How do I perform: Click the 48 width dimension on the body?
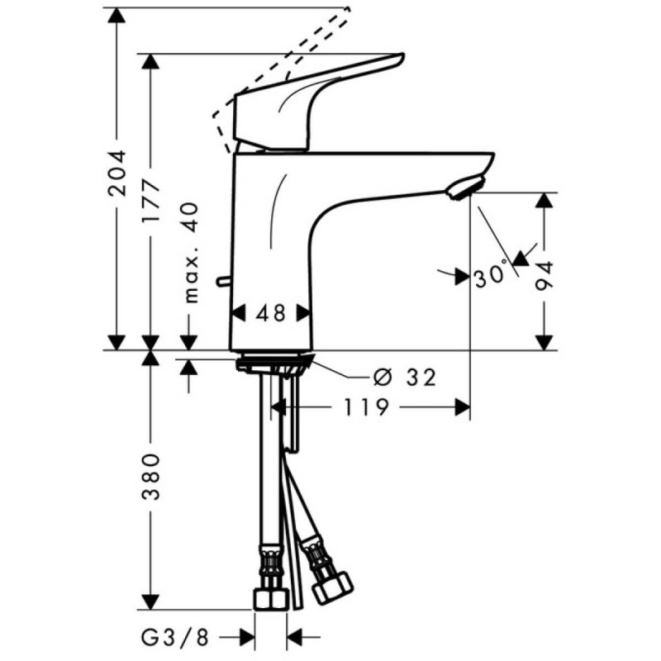tap(270, 313)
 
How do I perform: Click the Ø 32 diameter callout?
tap(404, 378)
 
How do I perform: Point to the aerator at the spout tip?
tap(464, 188)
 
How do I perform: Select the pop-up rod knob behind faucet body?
tap(221, 283)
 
